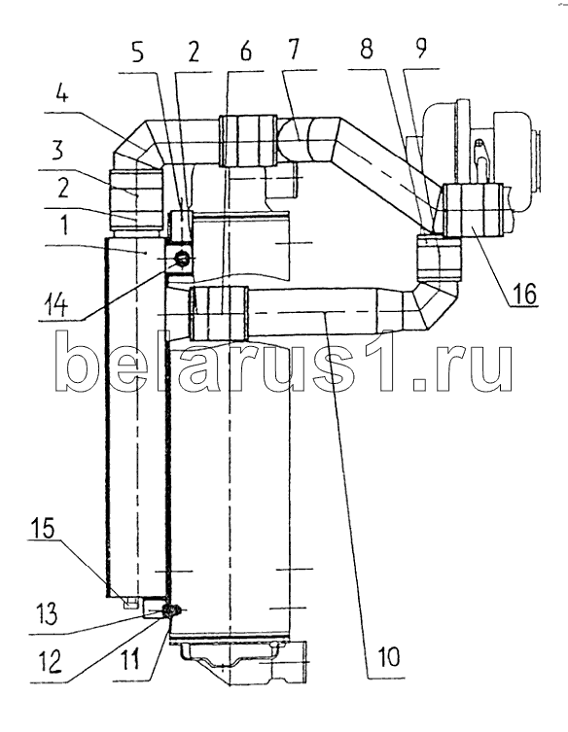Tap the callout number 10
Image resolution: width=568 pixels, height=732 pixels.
point(387,656)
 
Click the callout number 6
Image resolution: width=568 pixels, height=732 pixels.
point(245,51)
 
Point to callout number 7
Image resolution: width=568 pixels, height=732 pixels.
point(292,50)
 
